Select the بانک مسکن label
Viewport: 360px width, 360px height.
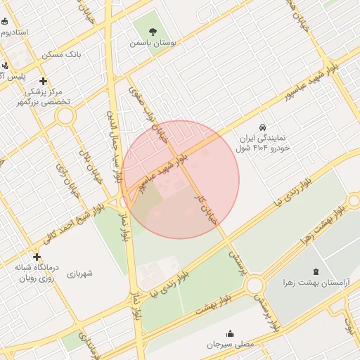tap(61, 53)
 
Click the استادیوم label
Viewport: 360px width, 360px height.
tap(14, 32)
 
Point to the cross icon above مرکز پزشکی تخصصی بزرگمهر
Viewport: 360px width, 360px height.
tap(44, 81)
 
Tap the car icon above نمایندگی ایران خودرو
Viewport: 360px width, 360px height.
tap(262, 127)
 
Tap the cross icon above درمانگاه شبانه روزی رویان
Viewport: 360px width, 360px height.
tap(37, 257)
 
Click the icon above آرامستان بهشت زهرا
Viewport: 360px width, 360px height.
tap(314, 271)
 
